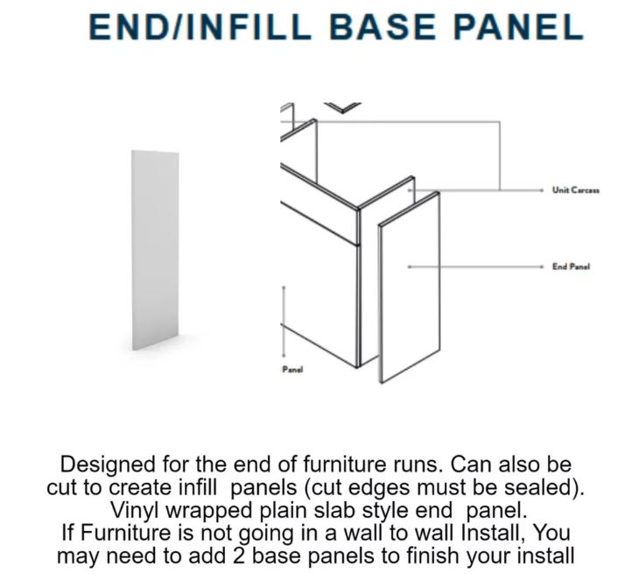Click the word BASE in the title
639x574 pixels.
[383, 27]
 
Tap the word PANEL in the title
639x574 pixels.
[518, 27]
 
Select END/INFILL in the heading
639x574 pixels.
[200, 27]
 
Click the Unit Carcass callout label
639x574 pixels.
[575, 190]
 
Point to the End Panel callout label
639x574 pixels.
[571, 266]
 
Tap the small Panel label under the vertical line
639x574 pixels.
[292, 370]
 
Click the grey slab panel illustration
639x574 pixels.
[155, 250]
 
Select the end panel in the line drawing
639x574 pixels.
[409, 287]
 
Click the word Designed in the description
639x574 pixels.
[108, 465]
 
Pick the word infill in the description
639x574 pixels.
[197, 487]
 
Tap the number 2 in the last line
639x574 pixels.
[240, 556]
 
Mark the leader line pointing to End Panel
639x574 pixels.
[475, 266]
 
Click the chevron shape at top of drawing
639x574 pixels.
[343, 107]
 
